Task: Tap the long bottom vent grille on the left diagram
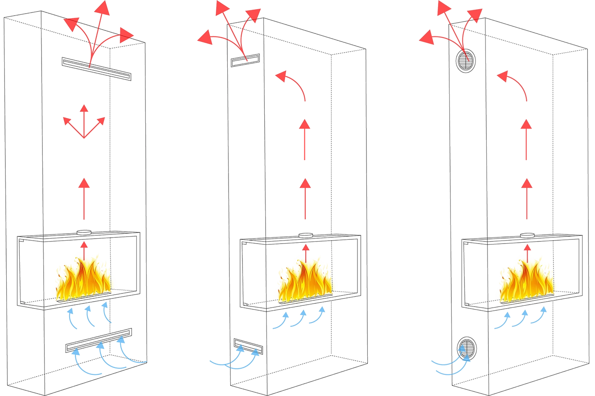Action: [x=99, y=340]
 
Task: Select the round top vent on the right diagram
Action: [x=466, y=62]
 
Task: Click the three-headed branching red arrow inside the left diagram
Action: [x=84, y=122]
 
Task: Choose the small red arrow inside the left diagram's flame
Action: [x=84, y=249]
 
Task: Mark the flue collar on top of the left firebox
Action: [x=84, y=232]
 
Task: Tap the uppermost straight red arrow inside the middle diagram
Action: [x=305, y=138]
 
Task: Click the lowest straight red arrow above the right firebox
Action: [x=527, y=198]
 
